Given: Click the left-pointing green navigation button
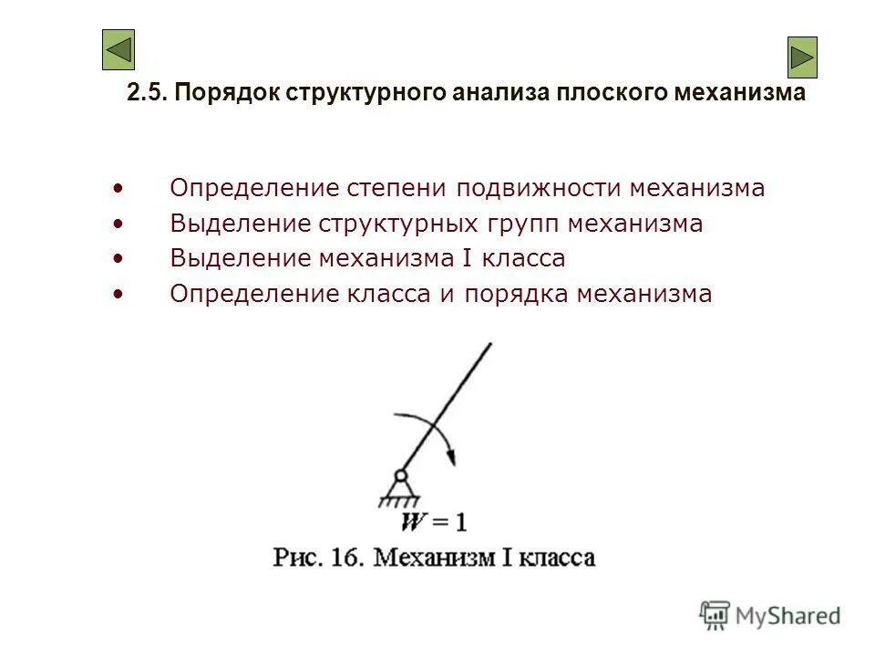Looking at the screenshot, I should click(118, 50).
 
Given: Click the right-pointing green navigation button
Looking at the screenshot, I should click(802, 57).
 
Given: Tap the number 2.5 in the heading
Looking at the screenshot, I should click(146, 93).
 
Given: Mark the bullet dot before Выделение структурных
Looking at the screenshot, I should click(118, 224).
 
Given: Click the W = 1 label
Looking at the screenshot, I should click(435, 522).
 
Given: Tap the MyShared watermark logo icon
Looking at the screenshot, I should click(715, 615).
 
